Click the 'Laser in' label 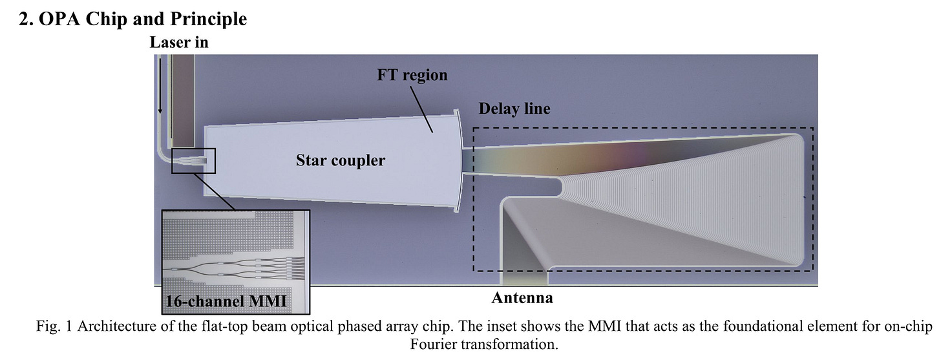click(179, 43)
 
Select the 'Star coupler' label click(340, 160)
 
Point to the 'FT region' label click(412, 75)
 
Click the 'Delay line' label click(514, 109)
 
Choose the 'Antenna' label click(522, 298)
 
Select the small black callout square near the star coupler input click(193, 160)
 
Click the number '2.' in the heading click(28, 19)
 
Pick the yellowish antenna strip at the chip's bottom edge click(525, 277)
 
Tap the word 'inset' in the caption click(486, 326)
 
